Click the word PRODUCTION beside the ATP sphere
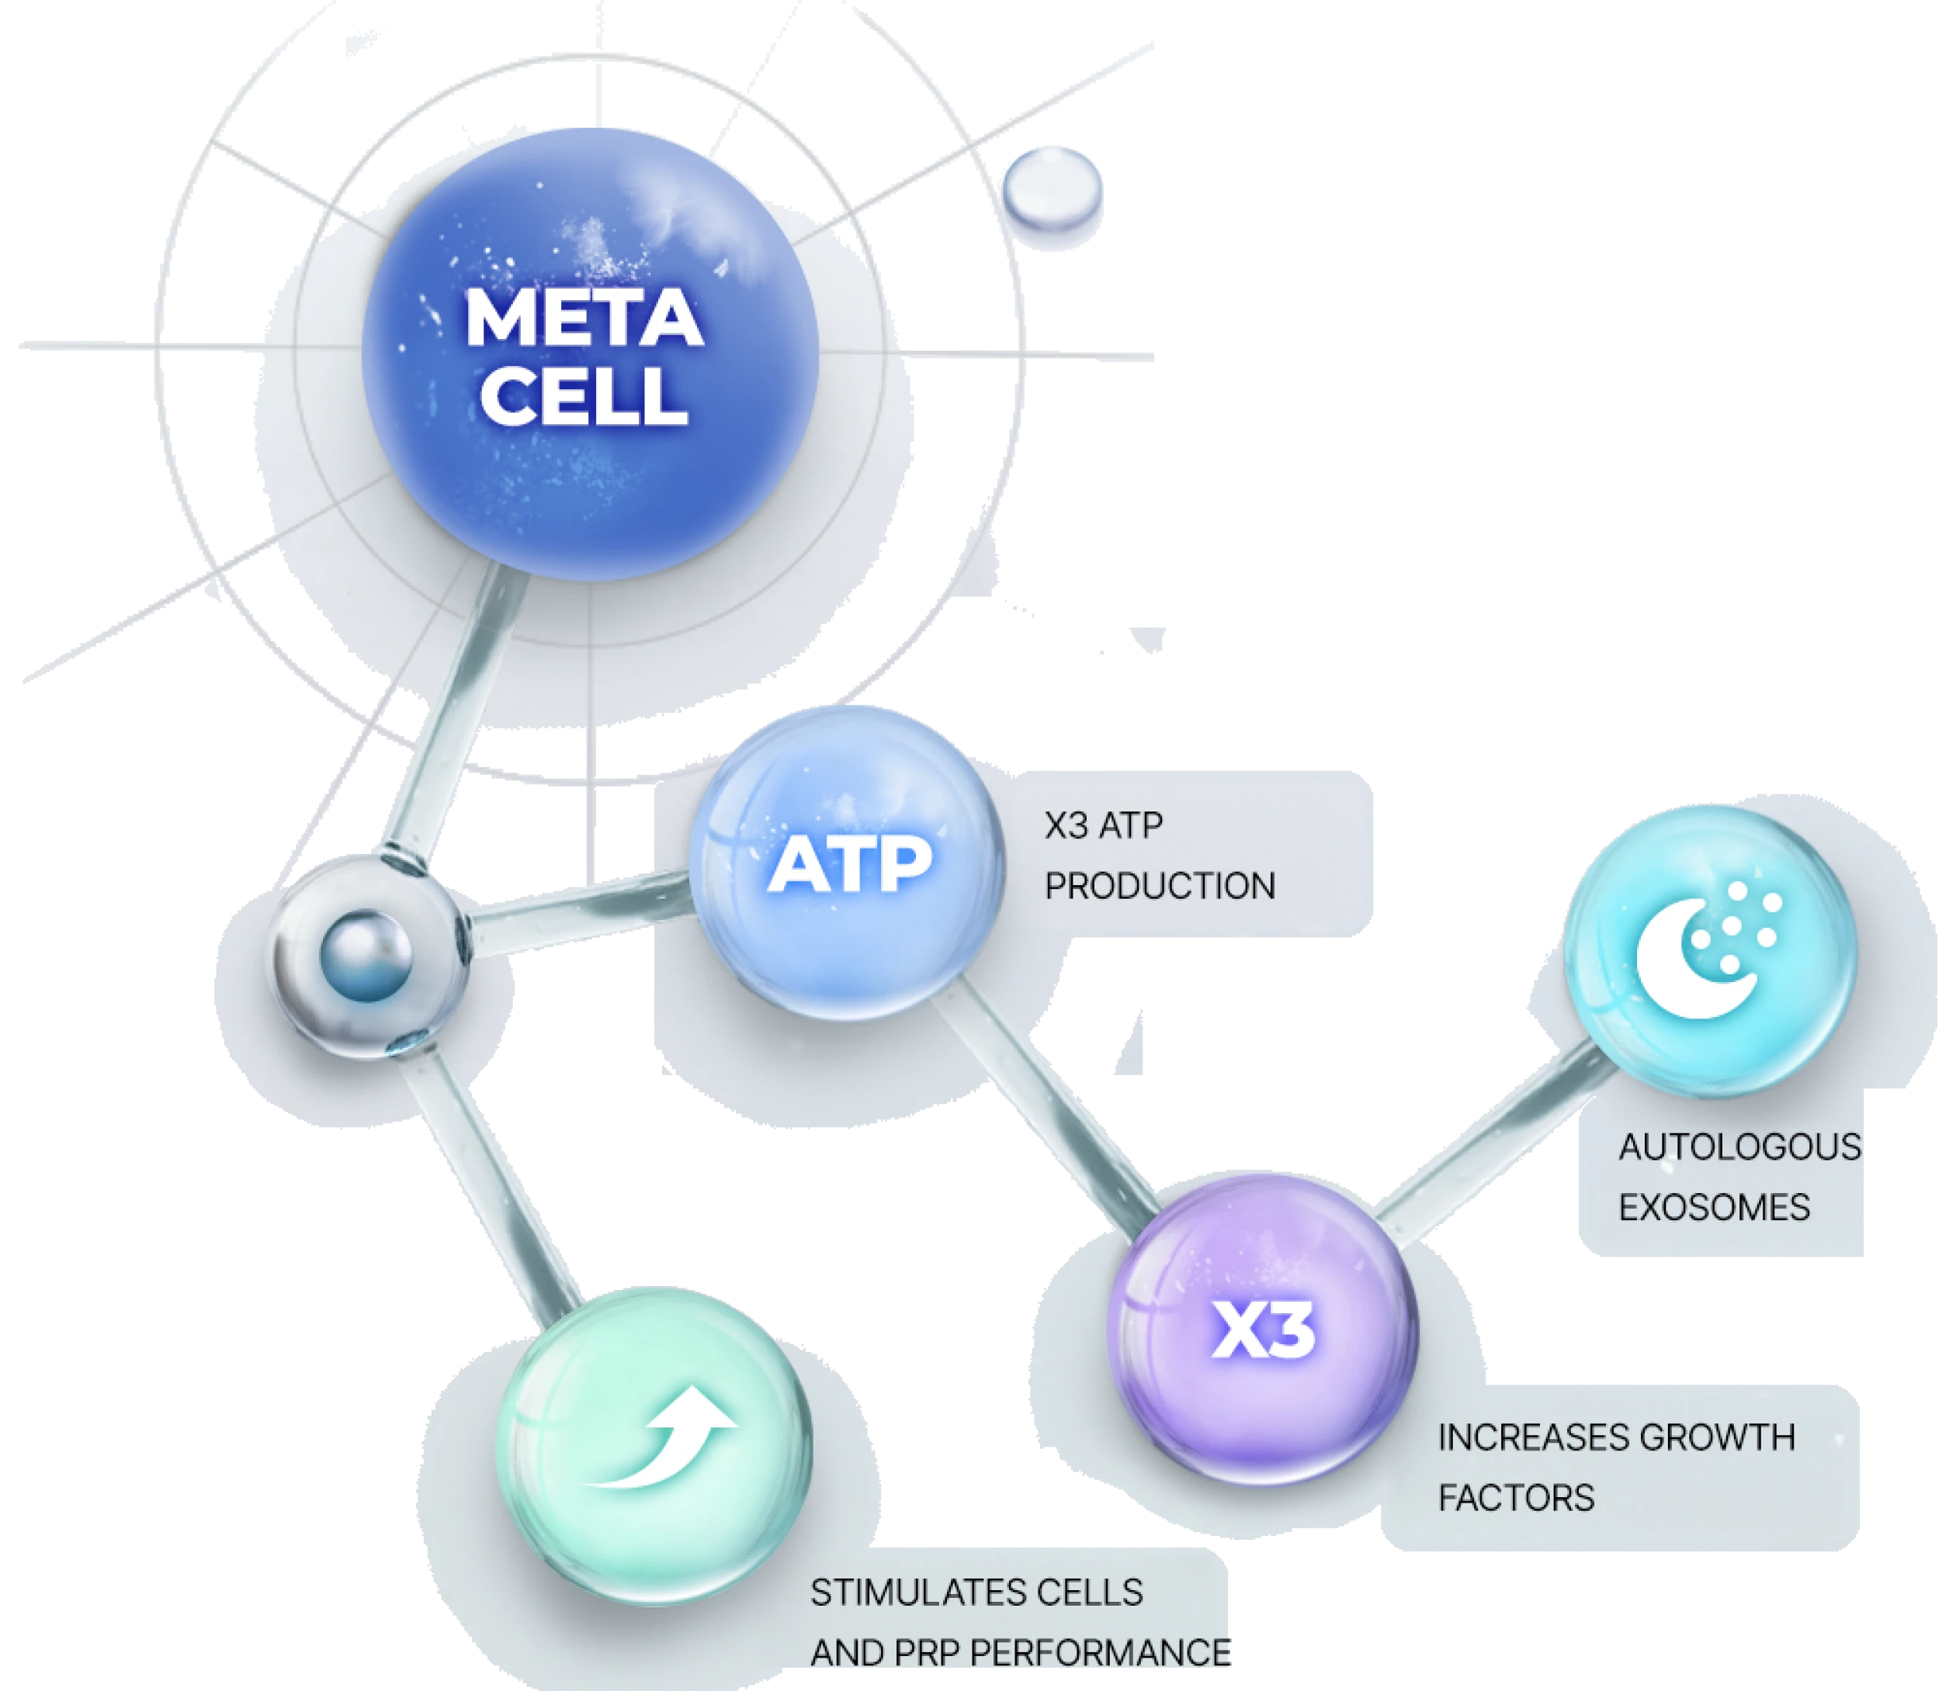[x=1160, y=886]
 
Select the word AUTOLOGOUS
[x=1739, y=1147]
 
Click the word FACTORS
[x=1516, y=1498]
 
